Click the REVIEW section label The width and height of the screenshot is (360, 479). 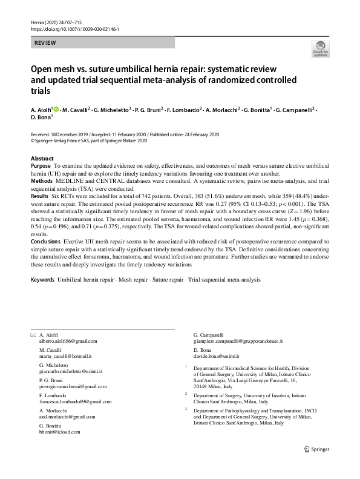[x=46, y=43]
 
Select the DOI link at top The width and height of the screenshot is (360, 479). [x=74, y=28]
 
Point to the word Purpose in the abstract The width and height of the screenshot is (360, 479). [x=41, y=165]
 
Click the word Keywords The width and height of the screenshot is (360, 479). [x=42, y=280]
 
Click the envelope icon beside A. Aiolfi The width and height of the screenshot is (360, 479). [x=33, y=335]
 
